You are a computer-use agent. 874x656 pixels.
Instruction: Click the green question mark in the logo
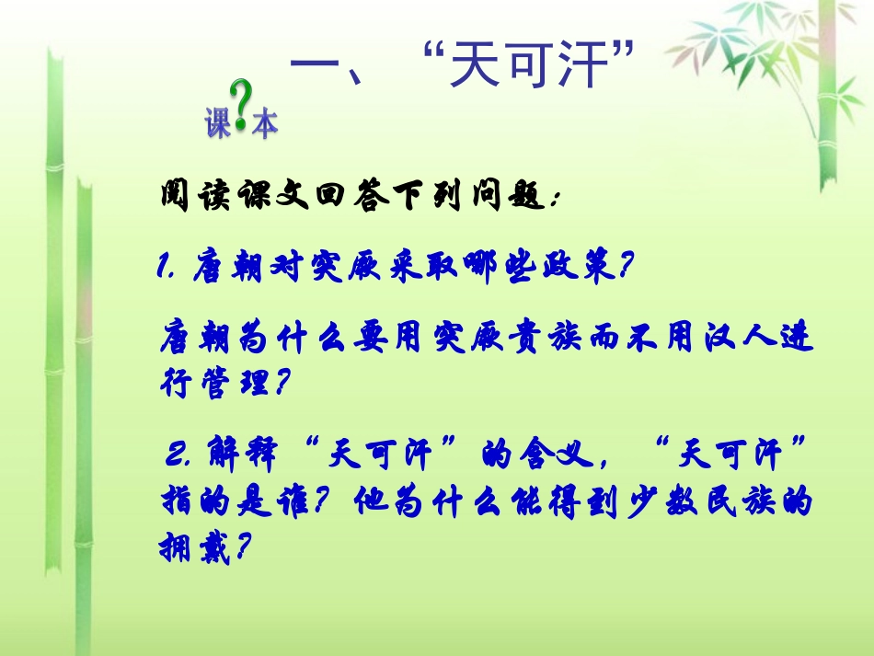pos(241,107)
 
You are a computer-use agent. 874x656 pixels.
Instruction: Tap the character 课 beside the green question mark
pos(218,125)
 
